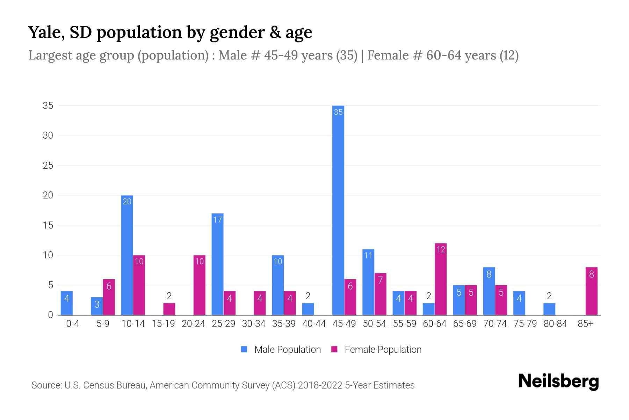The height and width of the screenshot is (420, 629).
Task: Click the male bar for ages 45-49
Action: (338, 210)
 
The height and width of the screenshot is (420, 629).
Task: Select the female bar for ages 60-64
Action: (441, 279)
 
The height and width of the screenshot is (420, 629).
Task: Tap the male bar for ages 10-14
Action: (127, 255)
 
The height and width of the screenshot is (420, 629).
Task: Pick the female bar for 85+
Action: (591, 291)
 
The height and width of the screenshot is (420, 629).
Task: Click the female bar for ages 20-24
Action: (199, 285)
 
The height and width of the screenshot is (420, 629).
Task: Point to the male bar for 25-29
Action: (217, 264)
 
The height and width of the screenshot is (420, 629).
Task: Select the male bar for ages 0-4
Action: (66, 303)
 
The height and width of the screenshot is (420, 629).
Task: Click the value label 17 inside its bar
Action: (217, 220)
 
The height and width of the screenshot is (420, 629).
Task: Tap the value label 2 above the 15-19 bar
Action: (169, 296)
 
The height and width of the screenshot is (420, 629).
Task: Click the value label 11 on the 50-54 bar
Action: (368, 255)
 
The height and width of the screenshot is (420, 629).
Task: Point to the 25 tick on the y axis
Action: (48, 166)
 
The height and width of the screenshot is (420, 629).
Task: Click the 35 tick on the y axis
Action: (48, 106)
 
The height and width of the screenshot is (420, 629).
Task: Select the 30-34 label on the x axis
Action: (254, 324)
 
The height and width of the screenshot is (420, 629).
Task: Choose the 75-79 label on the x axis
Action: (525, 324)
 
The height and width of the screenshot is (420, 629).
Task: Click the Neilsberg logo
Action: (558, 381)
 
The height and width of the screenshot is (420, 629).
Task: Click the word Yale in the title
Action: (45, 32)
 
